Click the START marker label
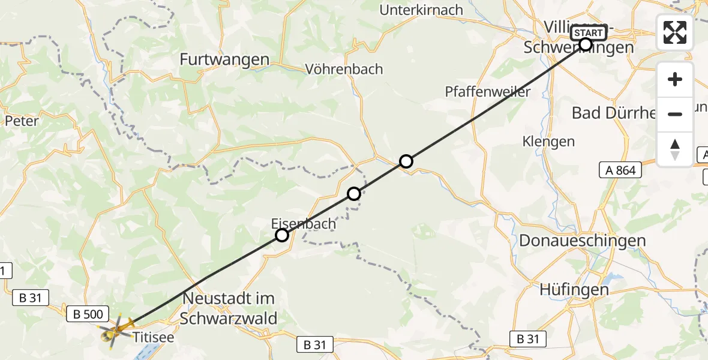coord(589,33)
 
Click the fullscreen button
coord(675,32)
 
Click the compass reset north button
coord(675,149)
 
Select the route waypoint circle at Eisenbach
coord(282,235)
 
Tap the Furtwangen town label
coord(224,59)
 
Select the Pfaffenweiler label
coord(488,92)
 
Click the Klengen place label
coord(548,142)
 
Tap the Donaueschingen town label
coord(574,241)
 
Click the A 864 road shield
coord(620,170)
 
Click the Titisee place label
coord(154,337)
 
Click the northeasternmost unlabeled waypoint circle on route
coord(406,161)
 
